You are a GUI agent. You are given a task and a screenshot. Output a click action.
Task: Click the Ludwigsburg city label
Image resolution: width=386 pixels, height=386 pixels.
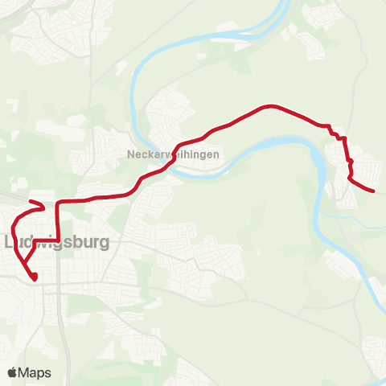point(57,241)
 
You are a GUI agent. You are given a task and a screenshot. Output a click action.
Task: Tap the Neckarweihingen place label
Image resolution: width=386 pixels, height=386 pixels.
point(167,154)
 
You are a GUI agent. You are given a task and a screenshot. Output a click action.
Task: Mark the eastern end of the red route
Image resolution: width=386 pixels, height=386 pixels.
point(374,191)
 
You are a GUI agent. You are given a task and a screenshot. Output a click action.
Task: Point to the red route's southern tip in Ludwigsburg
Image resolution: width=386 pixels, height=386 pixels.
point(35,278)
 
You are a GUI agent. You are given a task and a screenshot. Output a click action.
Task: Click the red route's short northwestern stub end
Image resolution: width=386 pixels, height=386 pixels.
point(30,202)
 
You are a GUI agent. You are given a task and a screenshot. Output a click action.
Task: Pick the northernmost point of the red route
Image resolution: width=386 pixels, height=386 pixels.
point(269,105)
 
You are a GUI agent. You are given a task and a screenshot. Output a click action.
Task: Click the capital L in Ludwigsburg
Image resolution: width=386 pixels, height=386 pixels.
point(10,241)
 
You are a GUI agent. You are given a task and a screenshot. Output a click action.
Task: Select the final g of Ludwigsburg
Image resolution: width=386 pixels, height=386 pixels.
point(104,243)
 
